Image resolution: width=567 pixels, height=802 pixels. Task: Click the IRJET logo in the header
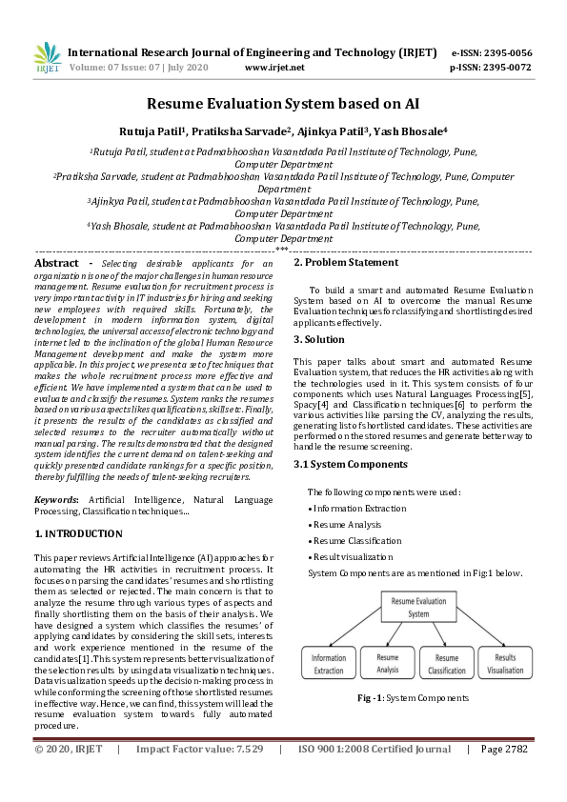coord(47,58)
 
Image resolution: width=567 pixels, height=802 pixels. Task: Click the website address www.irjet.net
coord(274,69)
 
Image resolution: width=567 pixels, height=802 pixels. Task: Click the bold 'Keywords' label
coord(56,499)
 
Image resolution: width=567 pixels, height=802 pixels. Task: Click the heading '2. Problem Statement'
coord(345,262)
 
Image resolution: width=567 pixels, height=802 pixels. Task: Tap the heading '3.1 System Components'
coord(350,464)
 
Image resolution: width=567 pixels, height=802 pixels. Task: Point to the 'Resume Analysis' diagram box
coord(387,663)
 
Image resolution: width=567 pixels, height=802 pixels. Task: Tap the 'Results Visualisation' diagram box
coord(505,663)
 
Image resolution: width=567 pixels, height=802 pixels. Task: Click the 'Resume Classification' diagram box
coord(447,663)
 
